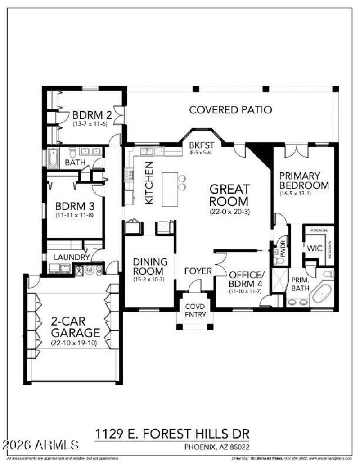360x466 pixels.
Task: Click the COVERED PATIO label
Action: [230, 109]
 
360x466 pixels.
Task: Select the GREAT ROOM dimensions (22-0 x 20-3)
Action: [229, 211]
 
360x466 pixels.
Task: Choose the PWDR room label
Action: [283, 250]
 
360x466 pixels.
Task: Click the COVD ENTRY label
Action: [195, 311]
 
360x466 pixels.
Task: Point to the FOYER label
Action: [198, 271]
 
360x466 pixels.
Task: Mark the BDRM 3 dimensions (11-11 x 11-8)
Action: [75, 216]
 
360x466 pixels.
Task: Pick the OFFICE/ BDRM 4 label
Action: [245, 279]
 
